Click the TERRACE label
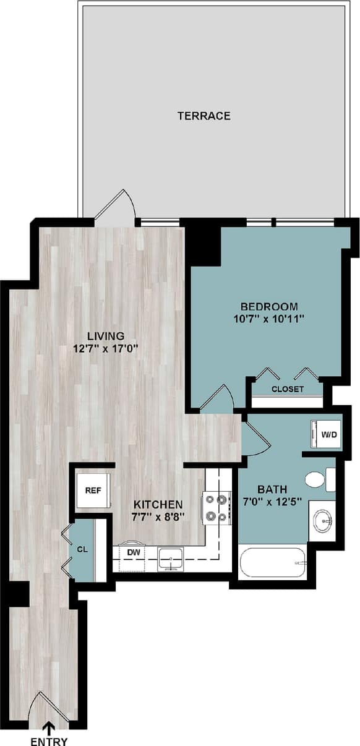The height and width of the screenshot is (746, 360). coord(204,116)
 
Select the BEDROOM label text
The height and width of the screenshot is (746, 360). coord(269,306)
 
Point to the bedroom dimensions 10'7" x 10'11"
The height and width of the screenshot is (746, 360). coord(269,319)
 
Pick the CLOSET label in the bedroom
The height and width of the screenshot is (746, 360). coord(288,389)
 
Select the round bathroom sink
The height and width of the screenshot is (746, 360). coord(322,521)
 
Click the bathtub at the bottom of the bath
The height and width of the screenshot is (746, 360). coord(272,562)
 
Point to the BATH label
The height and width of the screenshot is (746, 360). coord(272,489)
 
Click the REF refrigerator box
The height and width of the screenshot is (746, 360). coord(93,490)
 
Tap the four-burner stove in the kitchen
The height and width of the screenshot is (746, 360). coord(216,507)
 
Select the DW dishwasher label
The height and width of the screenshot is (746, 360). coord(133,551)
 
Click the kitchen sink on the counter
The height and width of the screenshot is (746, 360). coord(169,559)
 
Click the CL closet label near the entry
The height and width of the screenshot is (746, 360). coord(82,549)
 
